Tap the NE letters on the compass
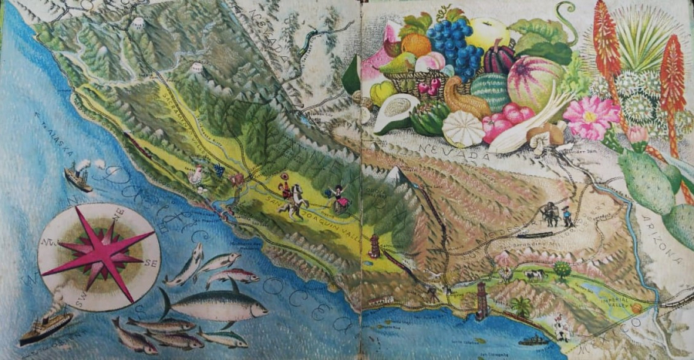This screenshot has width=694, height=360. [119, 214]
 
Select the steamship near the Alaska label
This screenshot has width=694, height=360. [77, 177]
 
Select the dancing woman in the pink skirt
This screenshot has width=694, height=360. [339, 199]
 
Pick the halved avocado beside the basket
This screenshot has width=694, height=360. [397, 113]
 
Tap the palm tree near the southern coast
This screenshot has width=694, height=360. [522, 305]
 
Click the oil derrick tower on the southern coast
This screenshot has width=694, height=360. [483, 300]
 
